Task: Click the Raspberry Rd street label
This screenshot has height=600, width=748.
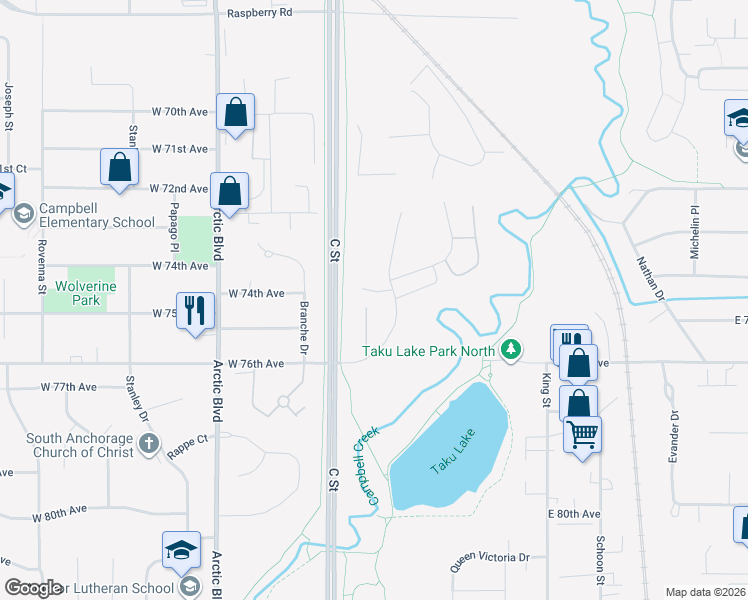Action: point(259,13)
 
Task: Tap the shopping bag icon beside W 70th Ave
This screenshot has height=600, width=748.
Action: point(235,114)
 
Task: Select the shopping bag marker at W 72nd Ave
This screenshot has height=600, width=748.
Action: point(230,190)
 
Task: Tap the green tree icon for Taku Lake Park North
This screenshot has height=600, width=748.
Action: point(512,350)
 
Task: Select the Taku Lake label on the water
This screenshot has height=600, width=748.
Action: point(453,451)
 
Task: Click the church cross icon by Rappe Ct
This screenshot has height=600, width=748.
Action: point(148,444)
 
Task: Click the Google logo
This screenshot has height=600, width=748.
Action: point(33,588)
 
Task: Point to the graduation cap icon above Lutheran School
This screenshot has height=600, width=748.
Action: point(181,550)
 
